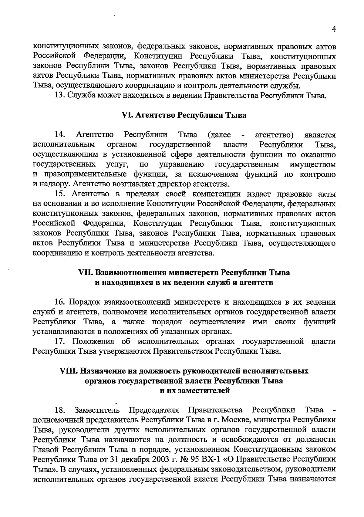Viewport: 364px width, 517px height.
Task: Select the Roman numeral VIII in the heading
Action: (69, 371)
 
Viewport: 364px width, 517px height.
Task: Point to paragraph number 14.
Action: (59, 135)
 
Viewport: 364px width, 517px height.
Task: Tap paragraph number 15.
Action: (59, 194)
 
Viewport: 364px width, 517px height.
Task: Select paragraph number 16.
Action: (59, 302)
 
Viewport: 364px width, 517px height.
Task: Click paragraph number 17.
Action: (59, 342)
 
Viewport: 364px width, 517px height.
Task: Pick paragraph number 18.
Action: (59, 411)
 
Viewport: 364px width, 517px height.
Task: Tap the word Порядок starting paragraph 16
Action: (85, 302)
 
